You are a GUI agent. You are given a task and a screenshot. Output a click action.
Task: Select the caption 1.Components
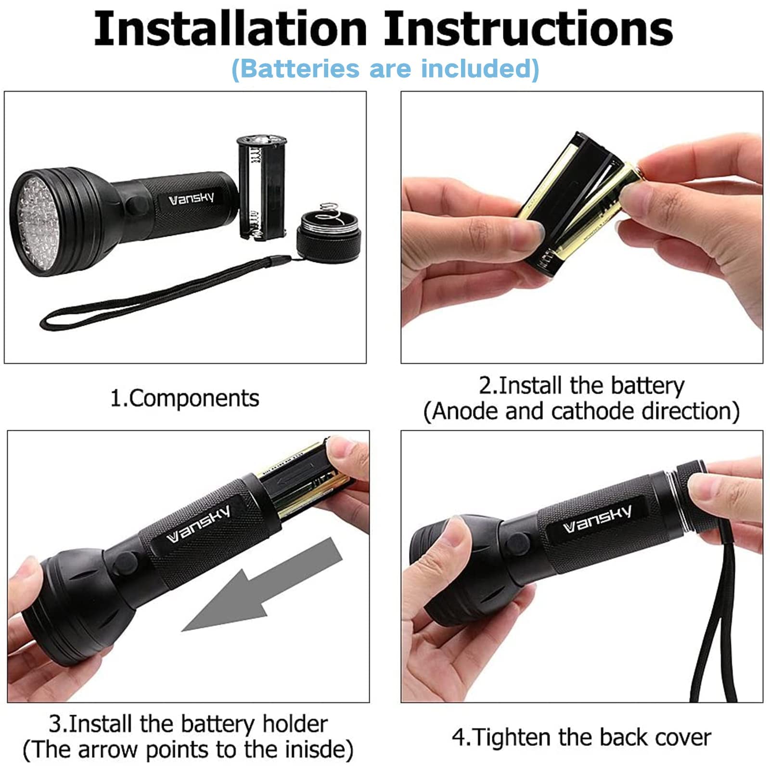pyautogui.click(x=185, y=398)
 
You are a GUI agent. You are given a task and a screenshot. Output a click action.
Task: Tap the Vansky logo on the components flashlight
pyautogui.click(x=192, y=198)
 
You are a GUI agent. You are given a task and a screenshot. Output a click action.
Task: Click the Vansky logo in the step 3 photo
pyautogui.click(x=198, y=525)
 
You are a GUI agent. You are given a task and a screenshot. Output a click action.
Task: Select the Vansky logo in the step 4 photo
pyautogui.click(x=597, y=520)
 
